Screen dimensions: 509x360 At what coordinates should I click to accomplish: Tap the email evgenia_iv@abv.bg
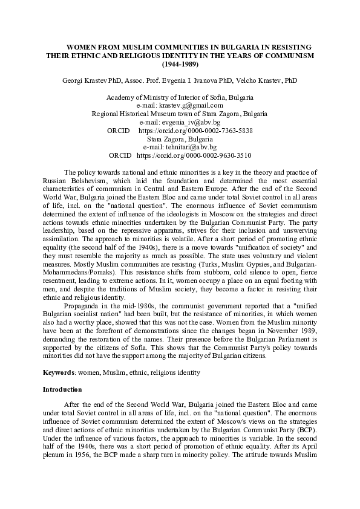(180, 122)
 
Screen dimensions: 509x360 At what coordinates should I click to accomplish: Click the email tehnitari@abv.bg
(180, 147)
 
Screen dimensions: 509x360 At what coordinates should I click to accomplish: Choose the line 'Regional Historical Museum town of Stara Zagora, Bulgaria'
(180, 114)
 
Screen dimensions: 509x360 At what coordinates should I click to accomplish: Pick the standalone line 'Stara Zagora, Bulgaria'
(180, 138)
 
